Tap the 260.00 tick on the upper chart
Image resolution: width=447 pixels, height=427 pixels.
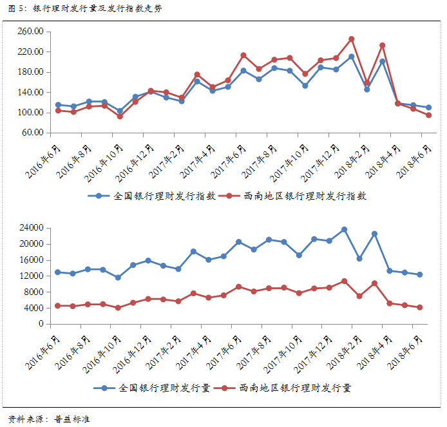click(x=30, y=32)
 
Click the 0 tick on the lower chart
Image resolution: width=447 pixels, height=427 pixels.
click(x=40, y=324)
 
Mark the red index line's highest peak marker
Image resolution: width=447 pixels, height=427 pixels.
click(x=351, y=39)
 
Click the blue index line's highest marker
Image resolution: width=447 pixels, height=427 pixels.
click(x=351, y=57)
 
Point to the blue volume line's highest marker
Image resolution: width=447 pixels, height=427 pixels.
click(x=344, y=229)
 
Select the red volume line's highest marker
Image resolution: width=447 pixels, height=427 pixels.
click(x=344, y=281)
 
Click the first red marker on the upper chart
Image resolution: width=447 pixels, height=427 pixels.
click(x=58, y=110)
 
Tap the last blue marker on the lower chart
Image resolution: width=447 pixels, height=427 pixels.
click(x=419, y=274)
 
